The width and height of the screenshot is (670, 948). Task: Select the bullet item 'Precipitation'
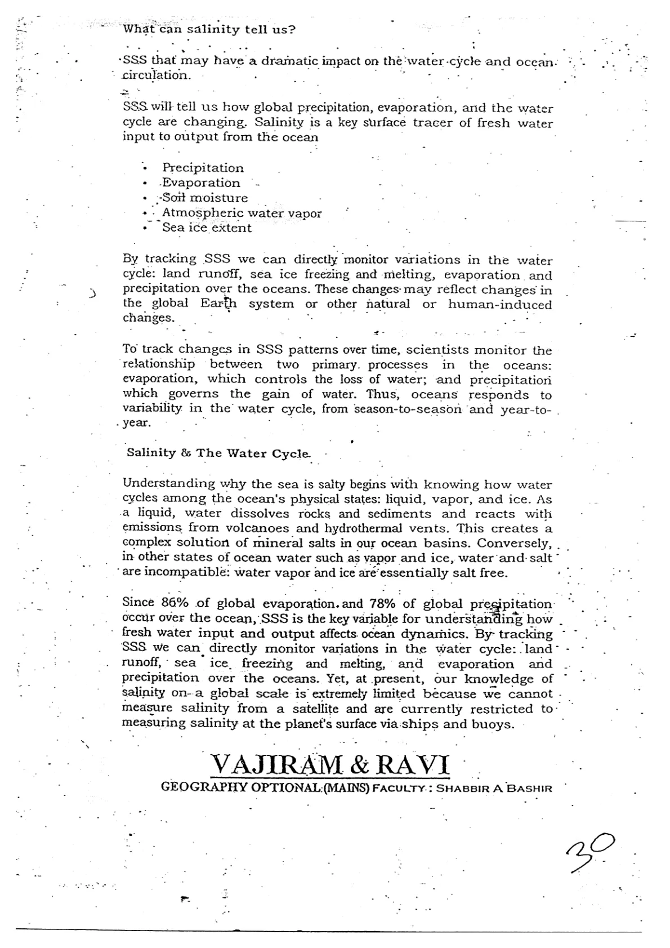click(x=203, y=168)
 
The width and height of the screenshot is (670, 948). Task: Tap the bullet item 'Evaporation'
click(x=201, y=183)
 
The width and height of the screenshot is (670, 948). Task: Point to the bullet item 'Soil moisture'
click(x=205, y=198)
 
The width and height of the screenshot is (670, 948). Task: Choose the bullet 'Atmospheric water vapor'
click(x=242, y=213)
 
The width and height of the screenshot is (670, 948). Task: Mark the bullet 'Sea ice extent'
click(x=207, y=228)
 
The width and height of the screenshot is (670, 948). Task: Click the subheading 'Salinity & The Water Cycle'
click(x=218, y=453)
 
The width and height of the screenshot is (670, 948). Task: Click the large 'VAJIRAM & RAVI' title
click(x=330, y=764)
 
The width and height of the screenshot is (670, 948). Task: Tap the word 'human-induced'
click(x=499, y=304)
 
